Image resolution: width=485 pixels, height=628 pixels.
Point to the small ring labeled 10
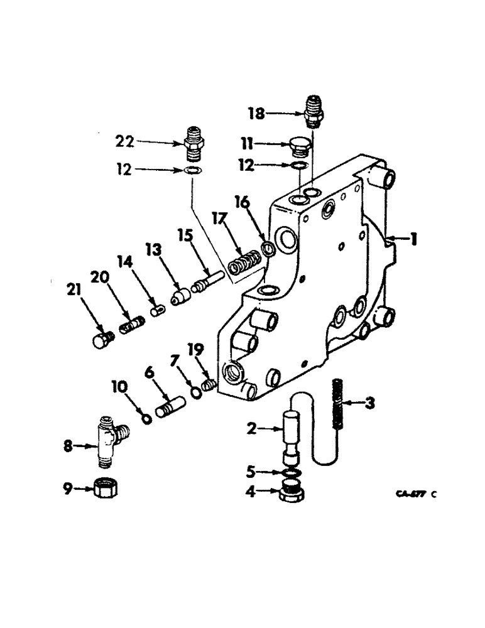(x=146, y=419)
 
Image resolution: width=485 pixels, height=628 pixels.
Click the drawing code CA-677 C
(x=415, y=494)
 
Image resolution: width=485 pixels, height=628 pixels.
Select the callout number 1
(x=413, y=240)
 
